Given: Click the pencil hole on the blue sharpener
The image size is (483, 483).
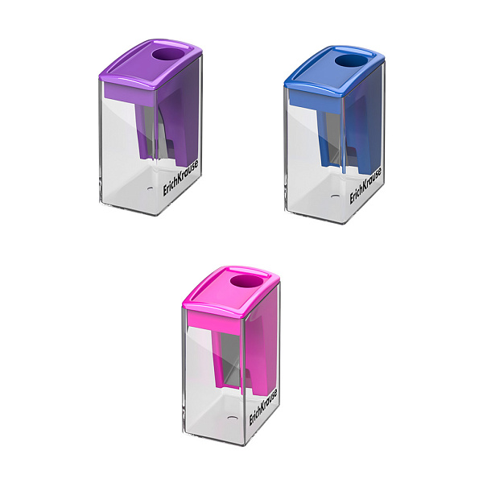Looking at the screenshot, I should [353, 60].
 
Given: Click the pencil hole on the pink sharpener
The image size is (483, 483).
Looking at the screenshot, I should [246, 283].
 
